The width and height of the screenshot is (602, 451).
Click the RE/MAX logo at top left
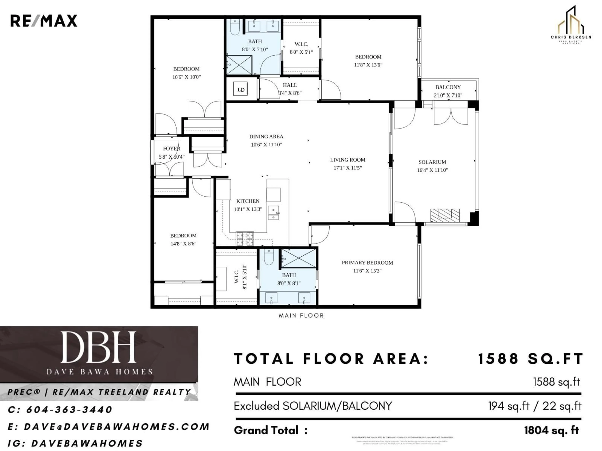44,21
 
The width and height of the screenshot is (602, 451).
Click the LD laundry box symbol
241,89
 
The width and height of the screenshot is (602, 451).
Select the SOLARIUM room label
432,162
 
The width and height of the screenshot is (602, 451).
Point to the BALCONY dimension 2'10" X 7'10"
448,95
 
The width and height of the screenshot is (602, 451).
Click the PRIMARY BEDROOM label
367,263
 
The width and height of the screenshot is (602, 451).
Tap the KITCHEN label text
248,201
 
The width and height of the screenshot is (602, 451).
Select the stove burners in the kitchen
245,239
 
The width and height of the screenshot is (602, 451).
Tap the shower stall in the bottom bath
298,258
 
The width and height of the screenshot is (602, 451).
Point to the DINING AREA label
266,136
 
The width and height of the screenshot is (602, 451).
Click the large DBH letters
98,347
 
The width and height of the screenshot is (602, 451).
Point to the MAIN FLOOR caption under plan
301,316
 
